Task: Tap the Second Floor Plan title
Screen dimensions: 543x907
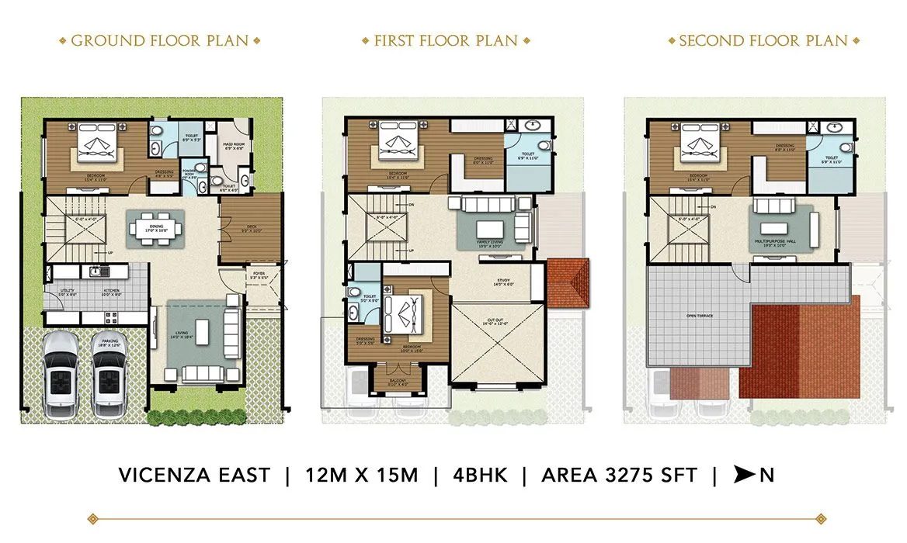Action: (763, 40)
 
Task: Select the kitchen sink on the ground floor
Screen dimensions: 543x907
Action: (96, 271)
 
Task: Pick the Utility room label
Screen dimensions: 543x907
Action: (68, 292)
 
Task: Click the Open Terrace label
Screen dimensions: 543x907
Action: (698, 316)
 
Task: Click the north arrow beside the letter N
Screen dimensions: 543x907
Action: (744, 475)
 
